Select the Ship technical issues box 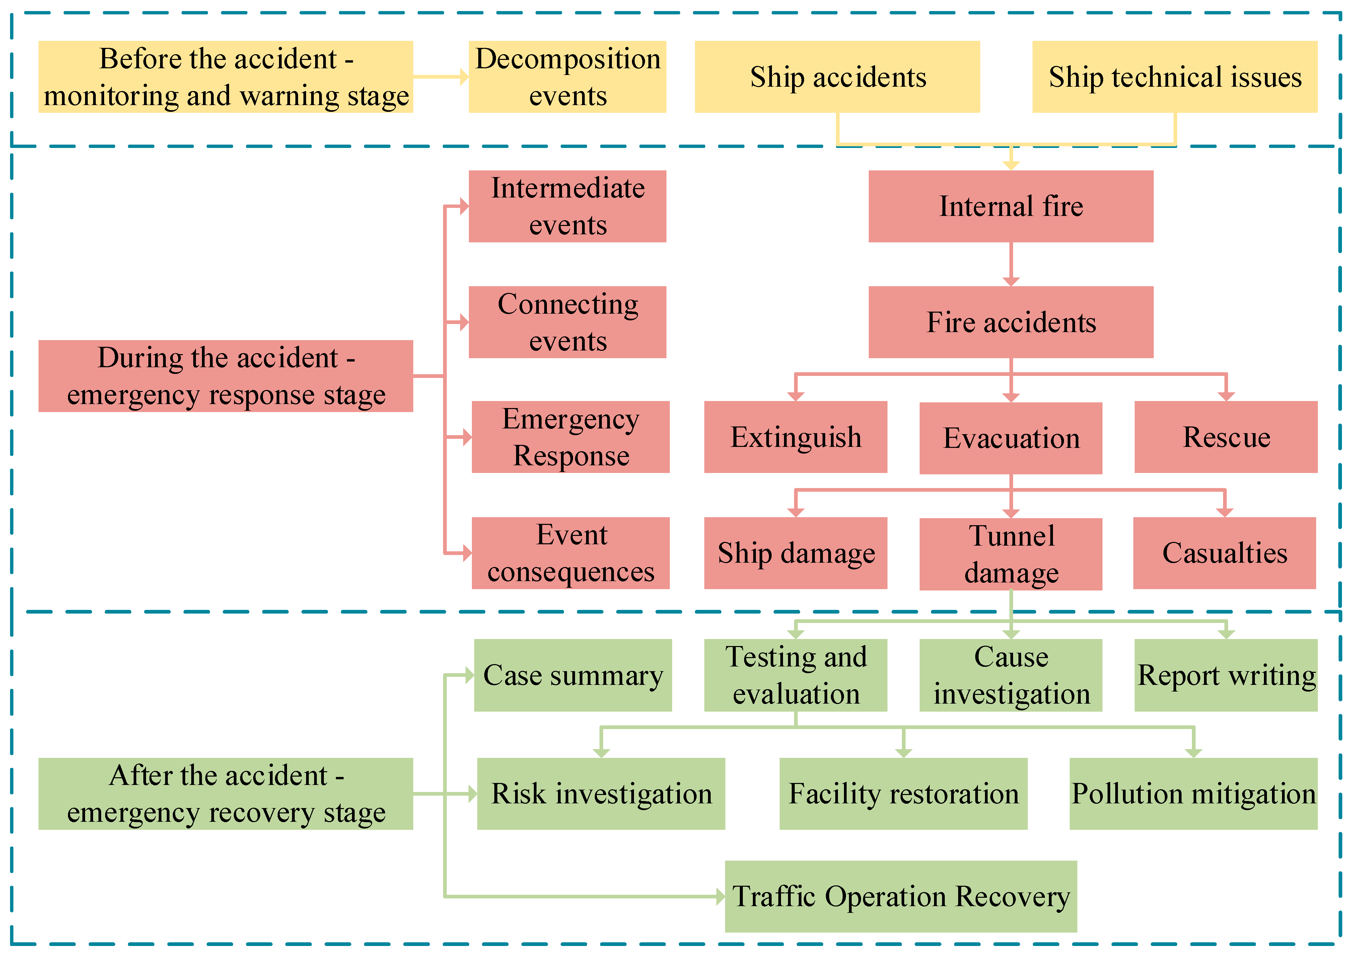point(1175,77)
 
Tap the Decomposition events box point(567,77)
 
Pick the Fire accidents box point(1010,322)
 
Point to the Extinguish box point(795,437)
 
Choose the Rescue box point(1226,437)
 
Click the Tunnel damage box point(1010,554)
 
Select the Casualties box point(1224,553)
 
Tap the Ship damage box point(795,553)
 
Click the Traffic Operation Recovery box point(900,896)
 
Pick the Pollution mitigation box point(1193,794)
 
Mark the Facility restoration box point(903,794)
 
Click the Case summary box point(573,676)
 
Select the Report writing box point(1226,676)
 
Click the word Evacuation point(1011,438)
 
